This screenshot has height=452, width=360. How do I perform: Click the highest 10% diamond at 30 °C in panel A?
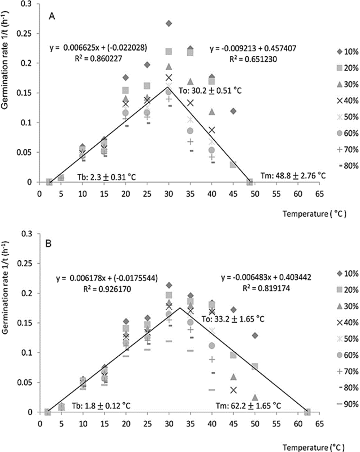click(169, 23)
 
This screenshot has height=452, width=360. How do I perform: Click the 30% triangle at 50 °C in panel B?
click(255, 397)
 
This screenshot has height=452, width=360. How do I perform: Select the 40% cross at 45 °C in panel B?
click(233, 390)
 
